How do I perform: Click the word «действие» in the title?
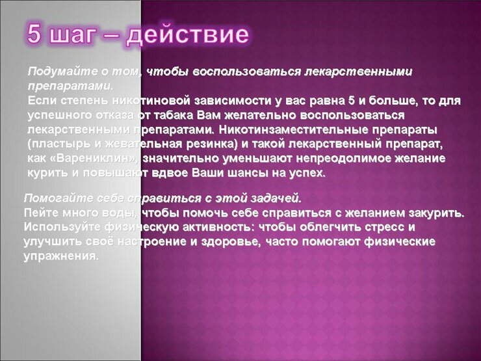187,34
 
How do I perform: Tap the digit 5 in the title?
34,33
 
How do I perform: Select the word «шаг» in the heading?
71,36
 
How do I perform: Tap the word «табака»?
173,115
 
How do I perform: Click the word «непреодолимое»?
344,159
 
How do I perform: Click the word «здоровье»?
231,242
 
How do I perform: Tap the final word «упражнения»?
61,256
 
